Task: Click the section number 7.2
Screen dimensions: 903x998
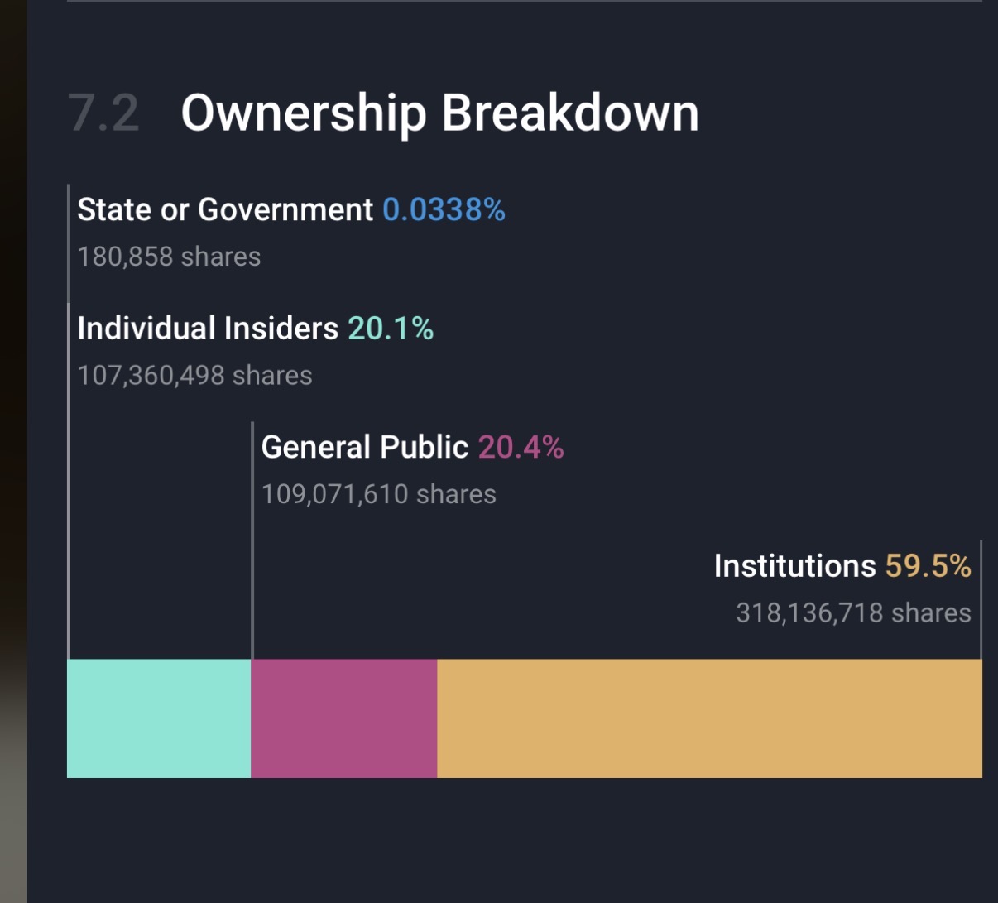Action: [103, 113]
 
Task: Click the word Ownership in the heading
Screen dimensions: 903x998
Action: [303, 113]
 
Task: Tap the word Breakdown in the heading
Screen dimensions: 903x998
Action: [570, 113]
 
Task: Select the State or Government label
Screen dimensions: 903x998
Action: [225, 210]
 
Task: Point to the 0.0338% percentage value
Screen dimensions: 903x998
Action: [444, 210]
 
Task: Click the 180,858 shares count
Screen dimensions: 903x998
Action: [169, 257]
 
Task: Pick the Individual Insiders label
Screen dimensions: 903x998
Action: [208, 329]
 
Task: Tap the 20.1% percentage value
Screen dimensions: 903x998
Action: [391, 329]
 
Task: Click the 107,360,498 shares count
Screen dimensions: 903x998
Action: [195, 376]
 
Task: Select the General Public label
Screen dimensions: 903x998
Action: [365, 448]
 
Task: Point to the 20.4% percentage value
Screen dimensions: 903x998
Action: [521, 448]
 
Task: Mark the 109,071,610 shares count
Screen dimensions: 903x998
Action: [379, 494]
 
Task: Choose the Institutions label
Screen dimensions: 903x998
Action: [794, 566]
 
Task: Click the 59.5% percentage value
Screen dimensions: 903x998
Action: [928, 566]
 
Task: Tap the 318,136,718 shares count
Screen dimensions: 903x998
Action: [853, 613]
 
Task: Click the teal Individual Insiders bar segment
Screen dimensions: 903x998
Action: [159, 718]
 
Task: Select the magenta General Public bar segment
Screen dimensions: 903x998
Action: [343, 718]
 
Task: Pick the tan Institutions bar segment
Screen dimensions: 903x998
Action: [709, 718]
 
